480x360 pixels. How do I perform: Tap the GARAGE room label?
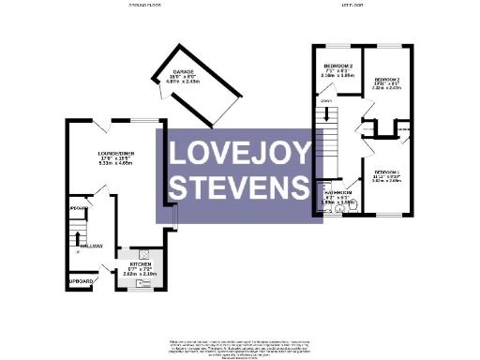[x=182, y=71]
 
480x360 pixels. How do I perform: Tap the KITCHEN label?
[x=140, y=265]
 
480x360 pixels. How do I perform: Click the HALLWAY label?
[x=91, y=247]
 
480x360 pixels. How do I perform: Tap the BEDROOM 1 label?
[x=386, y=173]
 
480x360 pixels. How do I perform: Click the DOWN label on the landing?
[x=325, y=100]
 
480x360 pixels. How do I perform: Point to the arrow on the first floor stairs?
[x=328, y=117]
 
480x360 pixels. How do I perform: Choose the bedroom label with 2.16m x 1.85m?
[x=337, y=66]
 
